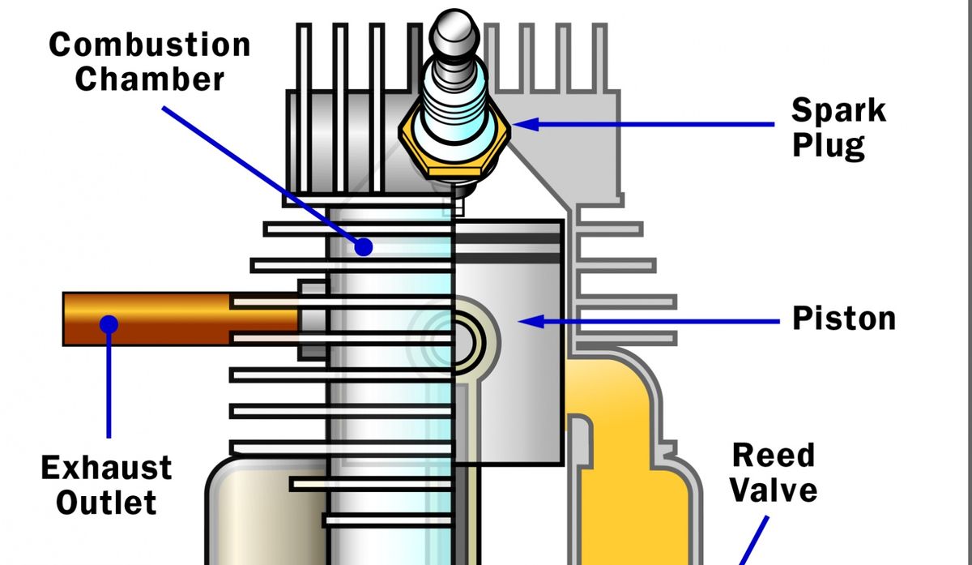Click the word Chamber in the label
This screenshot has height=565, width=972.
coord(150,79)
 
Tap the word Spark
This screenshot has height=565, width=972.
coord(838,109)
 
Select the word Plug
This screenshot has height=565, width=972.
coord(828,146)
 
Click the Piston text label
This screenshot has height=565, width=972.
coord(844,319)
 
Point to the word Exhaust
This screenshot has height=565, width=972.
coord(106,468)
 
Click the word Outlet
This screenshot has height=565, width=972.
coord(106,503)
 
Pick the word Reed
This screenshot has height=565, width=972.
coord(773,456)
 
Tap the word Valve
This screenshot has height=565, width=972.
coord(774,490)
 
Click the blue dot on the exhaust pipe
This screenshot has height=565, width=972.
coord(109,324)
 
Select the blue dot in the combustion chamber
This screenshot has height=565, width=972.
coord(364,246)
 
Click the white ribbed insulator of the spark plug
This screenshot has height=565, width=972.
coord(455,89)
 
